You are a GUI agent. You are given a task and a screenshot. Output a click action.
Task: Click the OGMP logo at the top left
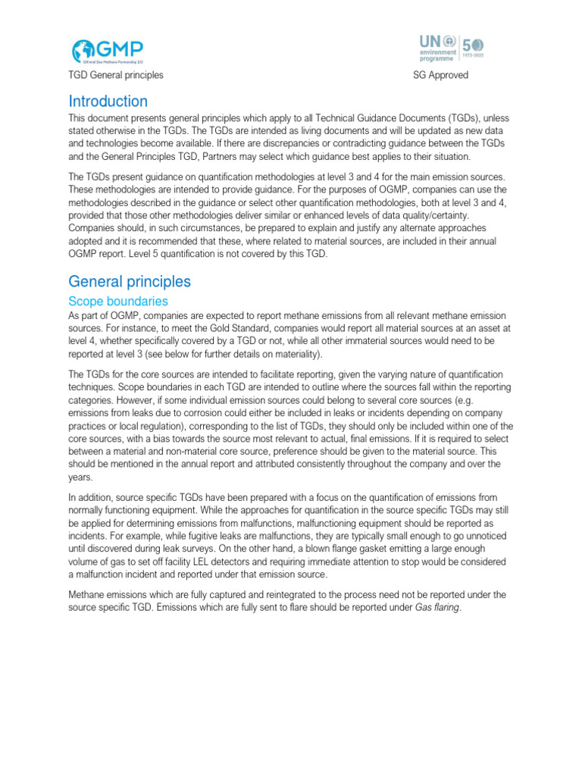(x=107, y=51)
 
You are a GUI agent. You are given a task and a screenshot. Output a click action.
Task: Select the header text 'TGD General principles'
(x=115, y=75)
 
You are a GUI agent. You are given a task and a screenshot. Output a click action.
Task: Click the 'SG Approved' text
(x=440, y=75)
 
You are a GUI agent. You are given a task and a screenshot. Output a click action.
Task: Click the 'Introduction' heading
(x=108, y=102)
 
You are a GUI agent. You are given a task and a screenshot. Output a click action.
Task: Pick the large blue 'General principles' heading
(x=130, y=282)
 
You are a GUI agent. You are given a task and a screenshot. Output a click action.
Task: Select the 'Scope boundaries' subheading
(x=117, y=301)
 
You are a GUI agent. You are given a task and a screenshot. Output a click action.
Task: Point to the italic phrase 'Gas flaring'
(x=438, y=607)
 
